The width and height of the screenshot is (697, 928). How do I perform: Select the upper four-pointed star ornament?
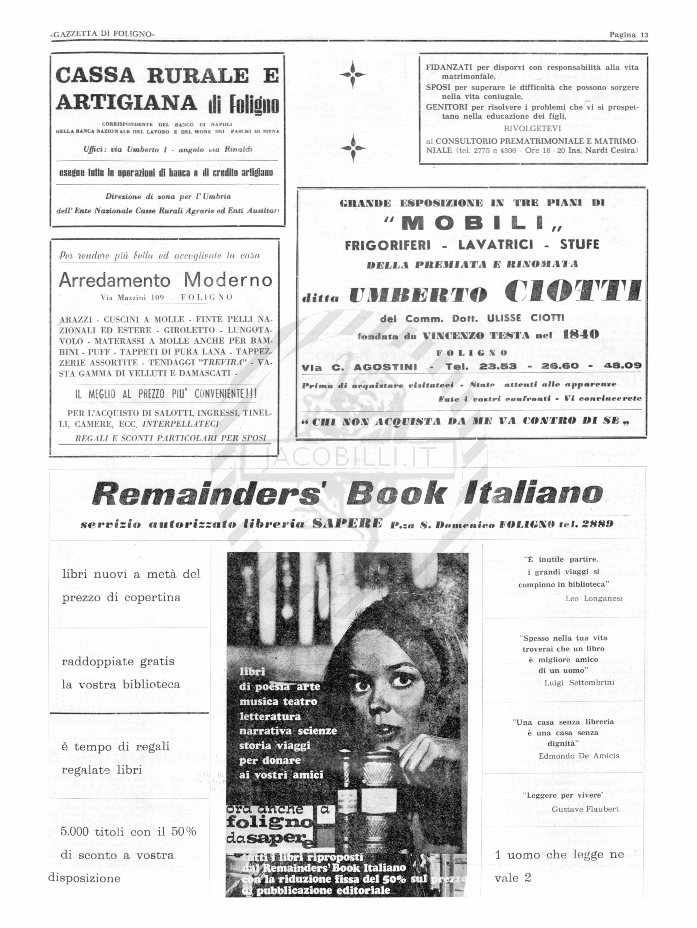(x=352, y=75)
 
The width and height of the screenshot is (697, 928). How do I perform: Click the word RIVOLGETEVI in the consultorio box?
(x=532, y=129)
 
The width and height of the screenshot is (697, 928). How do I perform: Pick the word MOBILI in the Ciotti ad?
(x=474, y=224)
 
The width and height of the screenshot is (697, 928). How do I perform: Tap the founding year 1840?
(x=581, y=334)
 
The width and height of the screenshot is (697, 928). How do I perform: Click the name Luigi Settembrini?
(x=579, y=682)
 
